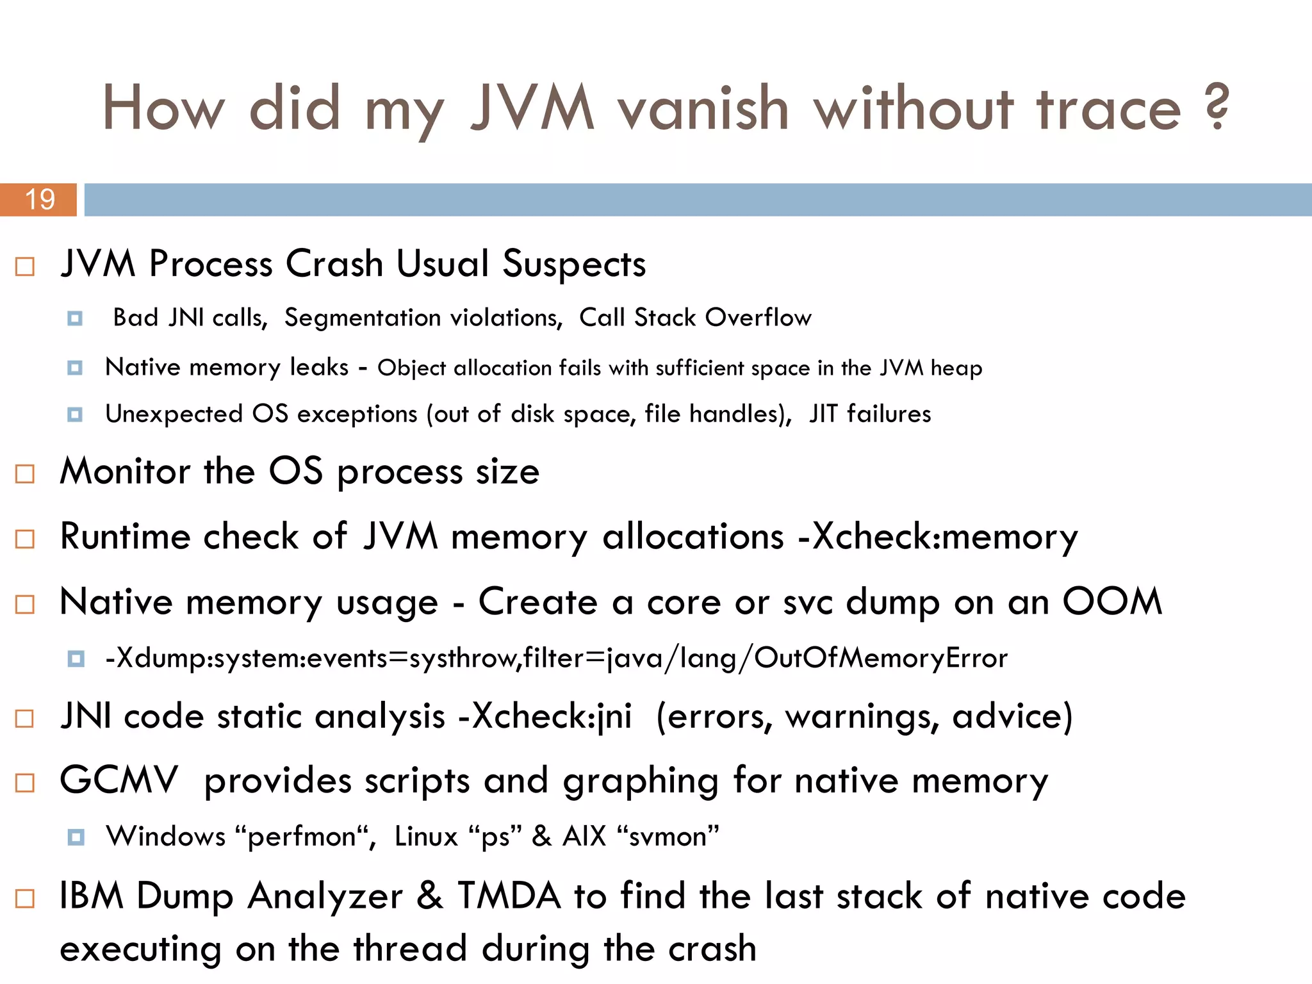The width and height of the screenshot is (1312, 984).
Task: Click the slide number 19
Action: click(40, 199)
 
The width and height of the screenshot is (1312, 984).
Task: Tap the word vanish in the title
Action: click(702, 109)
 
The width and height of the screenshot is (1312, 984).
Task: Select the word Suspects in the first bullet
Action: click(574, 264)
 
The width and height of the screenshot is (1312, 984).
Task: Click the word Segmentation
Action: click(423, 318)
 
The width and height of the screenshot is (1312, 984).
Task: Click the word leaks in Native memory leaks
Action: click(319, 367)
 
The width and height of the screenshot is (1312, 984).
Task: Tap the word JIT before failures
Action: click(823, 414)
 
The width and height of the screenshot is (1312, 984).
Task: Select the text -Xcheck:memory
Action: click(938, 537)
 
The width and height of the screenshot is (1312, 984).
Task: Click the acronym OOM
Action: click(1112, 602)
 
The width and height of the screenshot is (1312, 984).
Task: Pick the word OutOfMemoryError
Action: click(880, 659)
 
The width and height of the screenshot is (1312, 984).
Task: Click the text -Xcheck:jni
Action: click(545, 716)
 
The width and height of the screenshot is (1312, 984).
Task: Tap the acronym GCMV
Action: click(119, 780)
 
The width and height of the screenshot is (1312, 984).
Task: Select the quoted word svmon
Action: click(668, 837)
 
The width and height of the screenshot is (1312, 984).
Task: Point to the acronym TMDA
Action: click(509, 896)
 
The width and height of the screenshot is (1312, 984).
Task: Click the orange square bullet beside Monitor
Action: click(24, 474)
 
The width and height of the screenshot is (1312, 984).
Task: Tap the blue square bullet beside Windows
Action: click(76, 837)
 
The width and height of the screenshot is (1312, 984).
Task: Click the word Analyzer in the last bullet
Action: click(325, 896)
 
